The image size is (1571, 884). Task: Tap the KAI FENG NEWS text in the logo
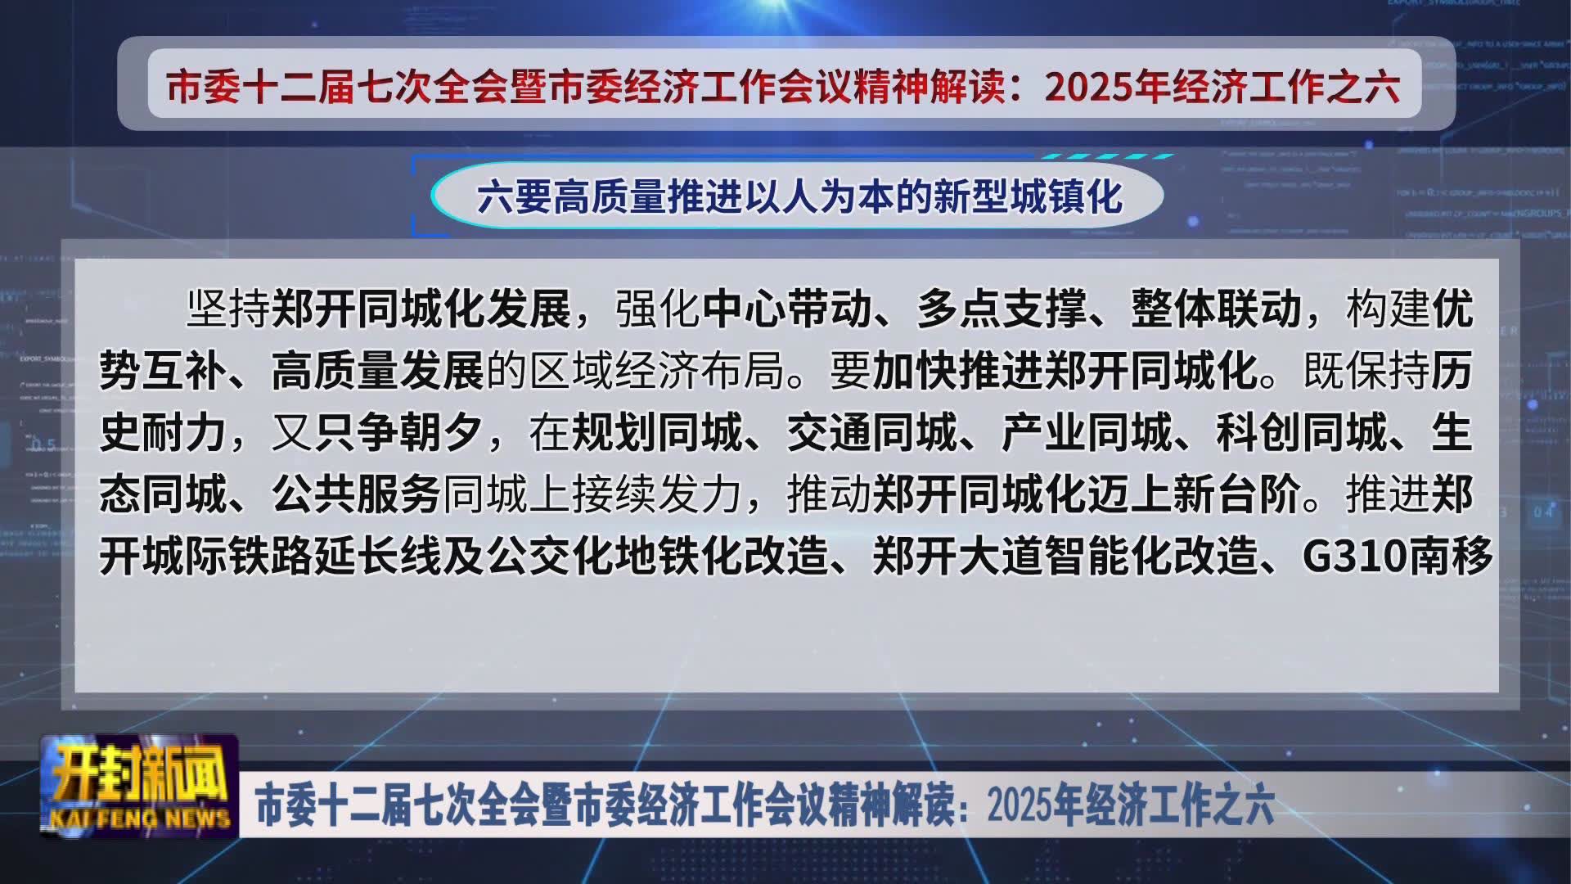(140, 819)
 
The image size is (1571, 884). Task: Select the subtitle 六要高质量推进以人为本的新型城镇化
(799, 196)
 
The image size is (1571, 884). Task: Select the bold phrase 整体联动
(1217, 309)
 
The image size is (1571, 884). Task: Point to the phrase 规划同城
(657, 433)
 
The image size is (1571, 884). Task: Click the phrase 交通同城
(872, 433)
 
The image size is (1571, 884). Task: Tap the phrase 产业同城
(1087, 433)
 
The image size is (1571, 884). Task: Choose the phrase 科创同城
(1302, 433)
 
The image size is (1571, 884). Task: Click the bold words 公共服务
(357, 494)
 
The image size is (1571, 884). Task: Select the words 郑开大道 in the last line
(957, 557)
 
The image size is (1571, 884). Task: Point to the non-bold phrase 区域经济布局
(657, 371)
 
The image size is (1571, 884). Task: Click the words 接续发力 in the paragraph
(657, 494)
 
